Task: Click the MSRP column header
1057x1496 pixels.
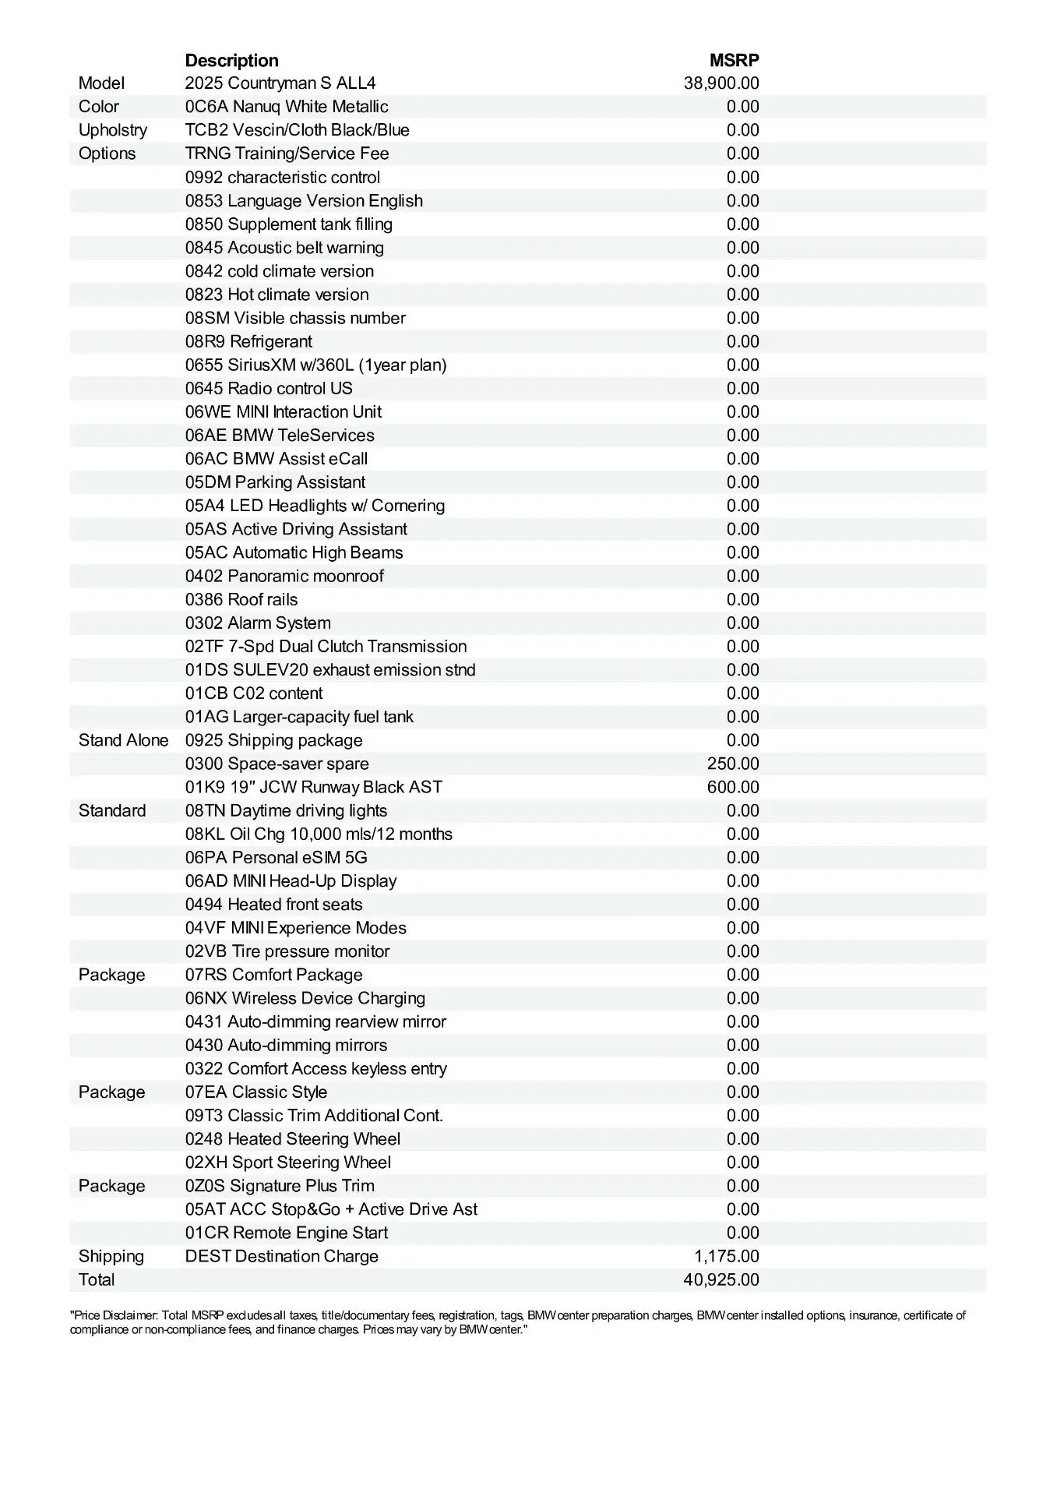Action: click(734, 60)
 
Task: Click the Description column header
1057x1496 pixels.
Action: click(231, 60)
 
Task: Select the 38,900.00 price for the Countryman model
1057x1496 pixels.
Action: click(721, 83)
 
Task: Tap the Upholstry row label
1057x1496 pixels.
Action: click(112, 130)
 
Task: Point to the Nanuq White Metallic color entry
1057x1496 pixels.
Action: click(287, 107)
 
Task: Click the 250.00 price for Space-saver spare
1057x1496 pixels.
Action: click(733, 764)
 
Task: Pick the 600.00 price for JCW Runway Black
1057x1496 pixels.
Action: click(733, 787)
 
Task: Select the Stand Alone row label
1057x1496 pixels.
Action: click(123, 740)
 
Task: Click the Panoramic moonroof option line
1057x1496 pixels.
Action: click(284, 576)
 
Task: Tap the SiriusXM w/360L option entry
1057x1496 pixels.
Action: click(315, 365)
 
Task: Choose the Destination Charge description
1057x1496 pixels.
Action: click(281, 1256)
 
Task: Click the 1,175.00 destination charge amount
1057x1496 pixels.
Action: click(727, 1256)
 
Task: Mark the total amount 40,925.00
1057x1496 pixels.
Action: click(721, 1279)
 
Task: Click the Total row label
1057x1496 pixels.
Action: click(97, 1279)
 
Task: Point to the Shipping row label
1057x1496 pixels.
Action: click(111, 1256)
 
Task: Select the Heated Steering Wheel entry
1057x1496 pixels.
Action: click(292, 1139)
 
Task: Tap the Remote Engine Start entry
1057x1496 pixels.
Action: click(286, 1233)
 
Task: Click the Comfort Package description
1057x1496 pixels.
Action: click(273, 975)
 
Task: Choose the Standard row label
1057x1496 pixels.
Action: click(112, 810)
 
